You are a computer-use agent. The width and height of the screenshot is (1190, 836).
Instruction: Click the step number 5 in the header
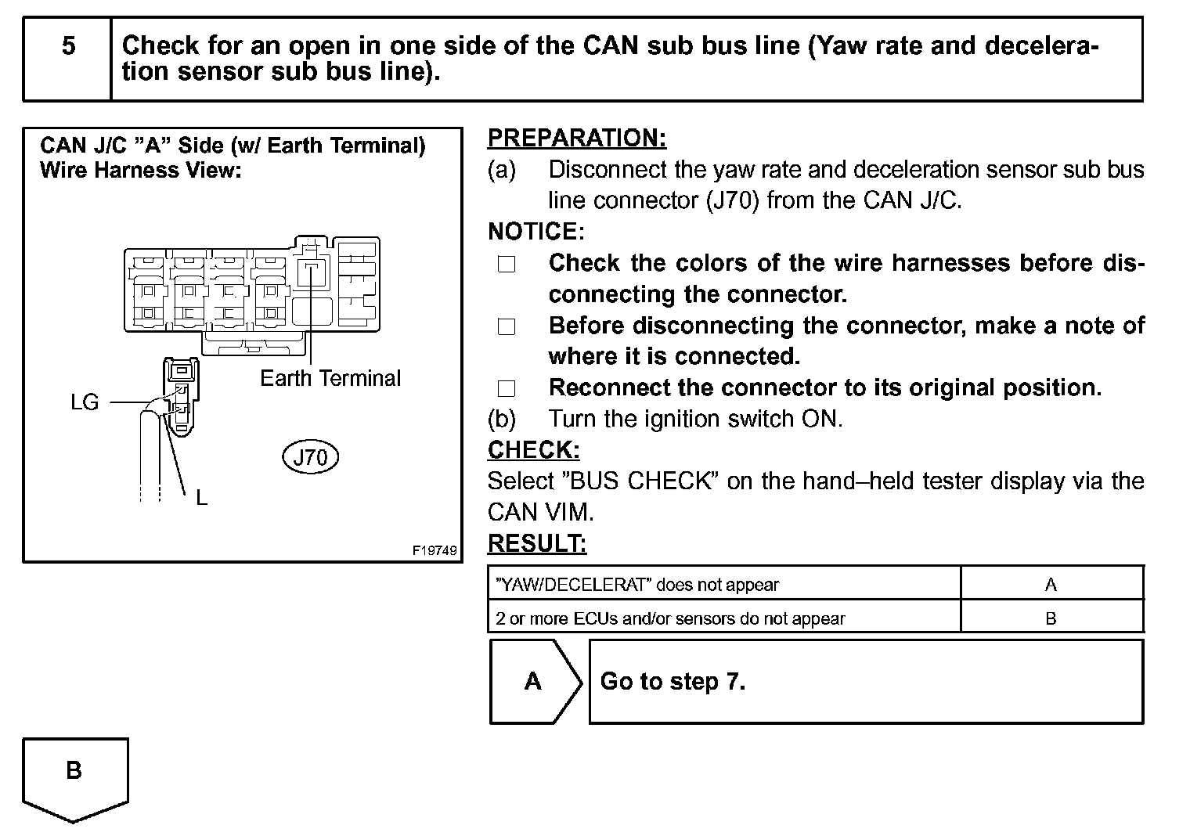tap(69, 46)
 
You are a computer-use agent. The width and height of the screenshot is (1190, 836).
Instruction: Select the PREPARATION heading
tap(577, 138)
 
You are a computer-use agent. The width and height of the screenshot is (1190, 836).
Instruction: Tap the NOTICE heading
tap(535, 232)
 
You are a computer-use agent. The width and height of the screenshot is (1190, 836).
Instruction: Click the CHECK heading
tap(533, 450)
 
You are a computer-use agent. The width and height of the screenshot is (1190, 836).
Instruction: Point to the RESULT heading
tap(536, 543)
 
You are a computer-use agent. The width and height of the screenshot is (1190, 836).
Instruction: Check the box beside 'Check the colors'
tap(507, 265)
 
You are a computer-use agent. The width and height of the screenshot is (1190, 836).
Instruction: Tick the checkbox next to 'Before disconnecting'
tap(507, 326)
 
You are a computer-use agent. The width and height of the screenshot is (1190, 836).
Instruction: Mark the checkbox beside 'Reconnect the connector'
tap(507, 389)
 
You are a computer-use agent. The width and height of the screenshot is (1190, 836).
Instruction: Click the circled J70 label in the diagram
tap(310, 457)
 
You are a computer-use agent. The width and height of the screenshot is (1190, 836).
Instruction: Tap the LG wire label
tap(85, 402)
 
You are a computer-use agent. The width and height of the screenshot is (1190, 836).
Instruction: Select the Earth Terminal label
tap(330, 379)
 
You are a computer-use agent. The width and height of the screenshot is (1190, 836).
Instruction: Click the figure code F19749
tap(435, 550)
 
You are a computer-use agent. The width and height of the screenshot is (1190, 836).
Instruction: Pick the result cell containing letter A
tap(1051, 585)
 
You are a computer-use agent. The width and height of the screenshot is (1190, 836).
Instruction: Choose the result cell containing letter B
tap(1051, 618)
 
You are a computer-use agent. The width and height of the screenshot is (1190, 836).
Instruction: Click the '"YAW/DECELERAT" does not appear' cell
tap(637, 585)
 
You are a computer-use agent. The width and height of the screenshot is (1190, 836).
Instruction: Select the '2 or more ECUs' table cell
tap(670, 618)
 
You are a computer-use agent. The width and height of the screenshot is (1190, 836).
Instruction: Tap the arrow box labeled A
tap(535, 681)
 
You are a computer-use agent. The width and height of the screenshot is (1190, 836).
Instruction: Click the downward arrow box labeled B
tap(74, 775)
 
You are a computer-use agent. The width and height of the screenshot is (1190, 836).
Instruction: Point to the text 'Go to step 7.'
tap(673, 681)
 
